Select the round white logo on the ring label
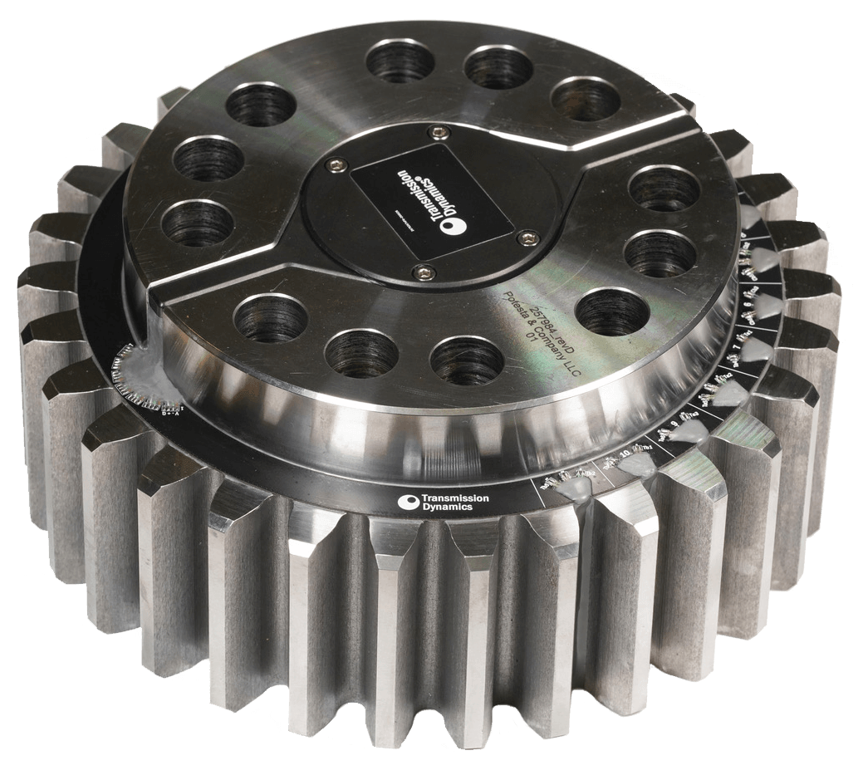coord(409,502)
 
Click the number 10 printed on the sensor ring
coord(627,454)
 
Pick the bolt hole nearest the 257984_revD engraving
coord(612,311)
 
